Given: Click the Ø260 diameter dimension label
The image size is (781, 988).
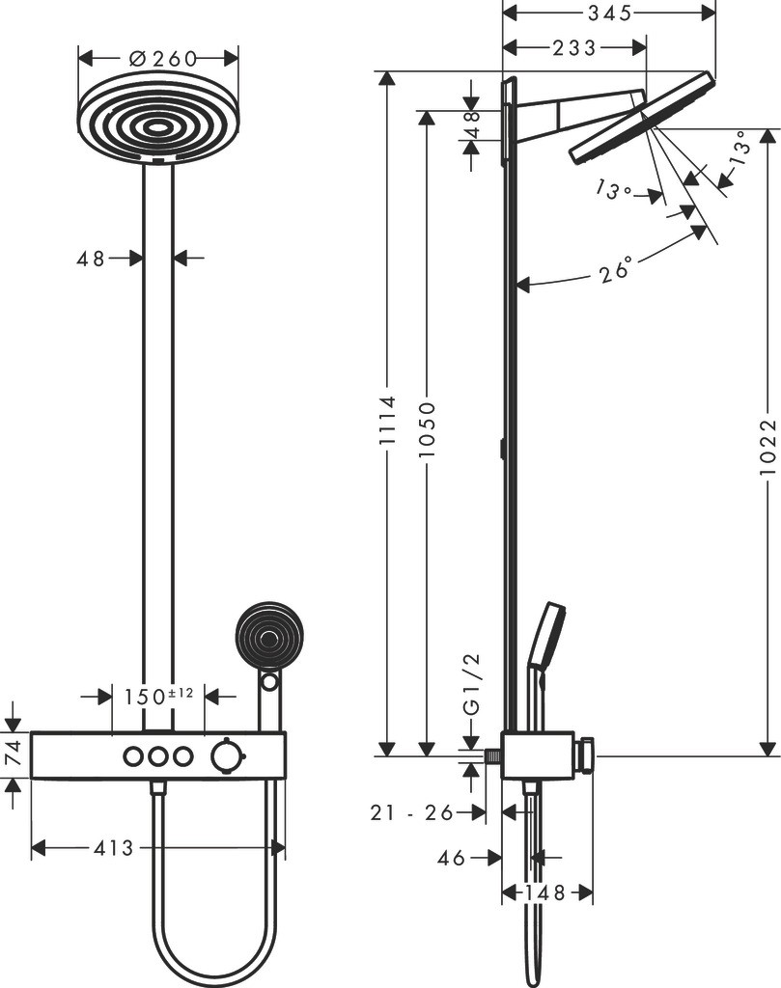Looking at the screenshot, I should point(158,57).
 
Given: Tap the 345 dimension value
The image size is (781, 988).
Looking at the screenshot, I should point(609,13).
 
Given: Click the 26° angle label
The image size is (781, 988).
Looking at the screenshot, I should point(616,269).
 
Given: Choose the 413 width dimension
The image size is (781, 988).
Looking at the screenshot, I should point(114,848).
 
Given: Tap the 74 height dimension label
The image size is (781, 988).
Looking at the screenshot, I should point(13,754).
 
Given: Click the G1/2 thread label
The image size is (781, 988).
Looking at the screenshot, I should point(471,683).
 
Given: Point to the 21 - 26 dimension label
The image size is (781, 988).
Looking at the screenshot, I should point(411,813).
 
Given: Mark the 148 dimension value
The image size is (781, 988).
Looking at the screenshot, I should point(546,893).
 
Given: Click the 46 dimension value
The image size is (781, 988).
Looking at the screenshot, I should point(452,857).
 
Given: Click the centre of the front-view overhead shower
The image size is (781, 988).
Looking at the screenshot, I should point(157,124).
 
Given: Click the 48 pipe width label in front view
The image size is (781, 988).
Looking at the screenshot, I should point(91,258).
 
